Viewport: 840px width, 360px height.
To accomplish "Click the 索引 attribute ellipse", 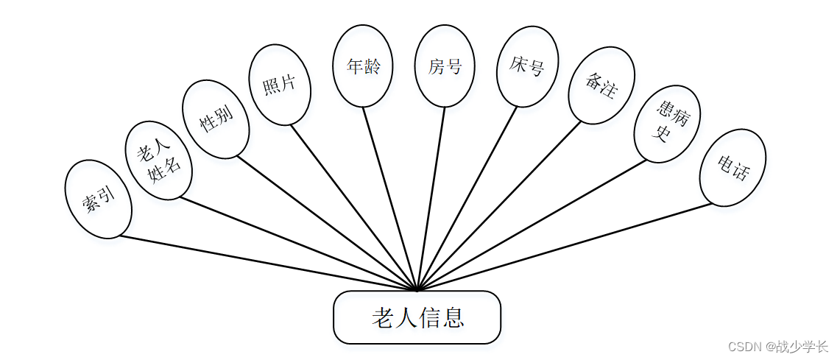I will (99, 200).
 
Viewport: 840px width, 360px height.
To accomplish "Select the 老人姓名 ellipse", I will (158, 160).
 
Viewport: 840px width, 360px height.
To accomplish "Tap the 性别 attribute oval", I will (216, 119).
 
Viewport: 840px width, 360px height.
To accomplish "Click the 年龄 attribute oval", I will (363, 66).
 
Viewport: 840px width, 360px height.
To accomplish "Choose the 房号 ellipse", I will (445, 66).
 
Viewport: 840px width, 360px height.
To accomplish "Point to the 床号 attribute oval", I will (527, 67).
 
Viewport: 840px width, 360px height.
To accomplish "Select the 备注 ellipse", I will (601, 85).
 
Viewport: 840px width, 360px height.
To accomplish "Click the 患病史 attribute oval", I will (667, 124).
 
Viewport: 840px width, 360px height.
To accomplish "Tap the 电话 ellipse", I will (733, 168).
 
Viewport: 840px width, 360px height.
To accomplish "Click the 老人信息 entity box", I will (417, 317).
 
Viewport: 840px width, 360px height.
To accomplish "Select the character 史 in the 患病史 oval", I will (662, 134).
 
